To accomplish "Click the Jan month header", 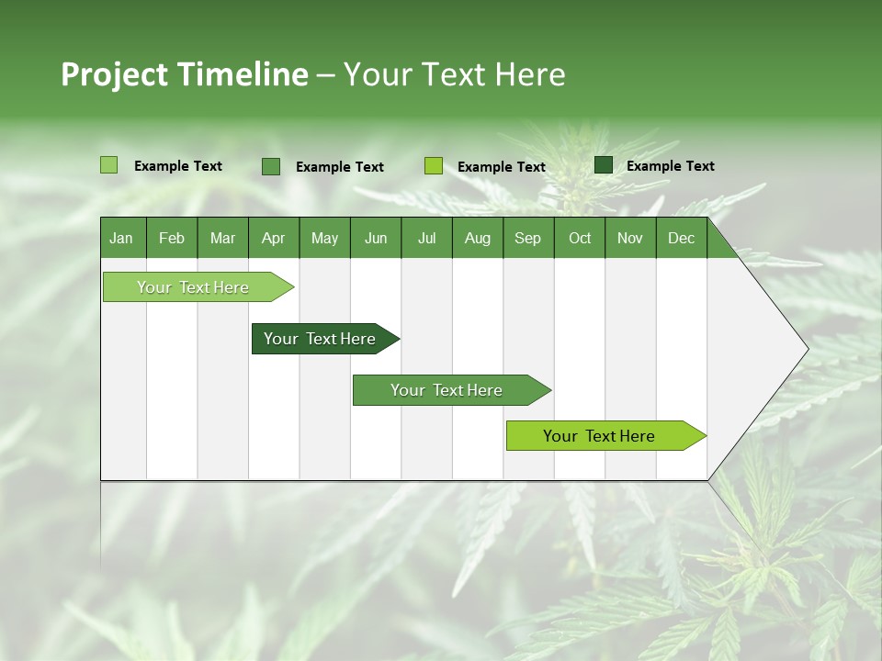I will [121, 239].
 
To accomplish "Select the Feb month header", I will [172, 239].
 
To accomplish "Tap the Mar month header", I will [222, 239].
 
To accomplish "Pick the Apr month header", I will [273, 239].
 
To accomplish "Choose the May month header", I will [324, 239].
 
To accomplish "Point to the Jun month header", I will [376, 239].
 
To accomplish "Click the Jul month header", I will [426, 239].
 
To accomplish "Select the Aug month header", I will [477, 239].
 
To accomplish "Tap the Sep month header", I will [527, 239].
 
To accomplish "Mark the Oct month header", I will [580, 239].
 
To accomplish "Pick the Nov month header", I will [630, 239].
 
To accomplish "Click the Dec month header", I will [681, 239].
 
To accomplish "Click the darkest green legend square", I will [604, 165].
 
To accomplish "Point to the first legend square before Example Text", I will [109, 165].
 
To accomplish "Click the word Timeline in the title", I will [243, 74].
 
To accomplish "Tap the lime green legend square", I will [434, 166].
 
